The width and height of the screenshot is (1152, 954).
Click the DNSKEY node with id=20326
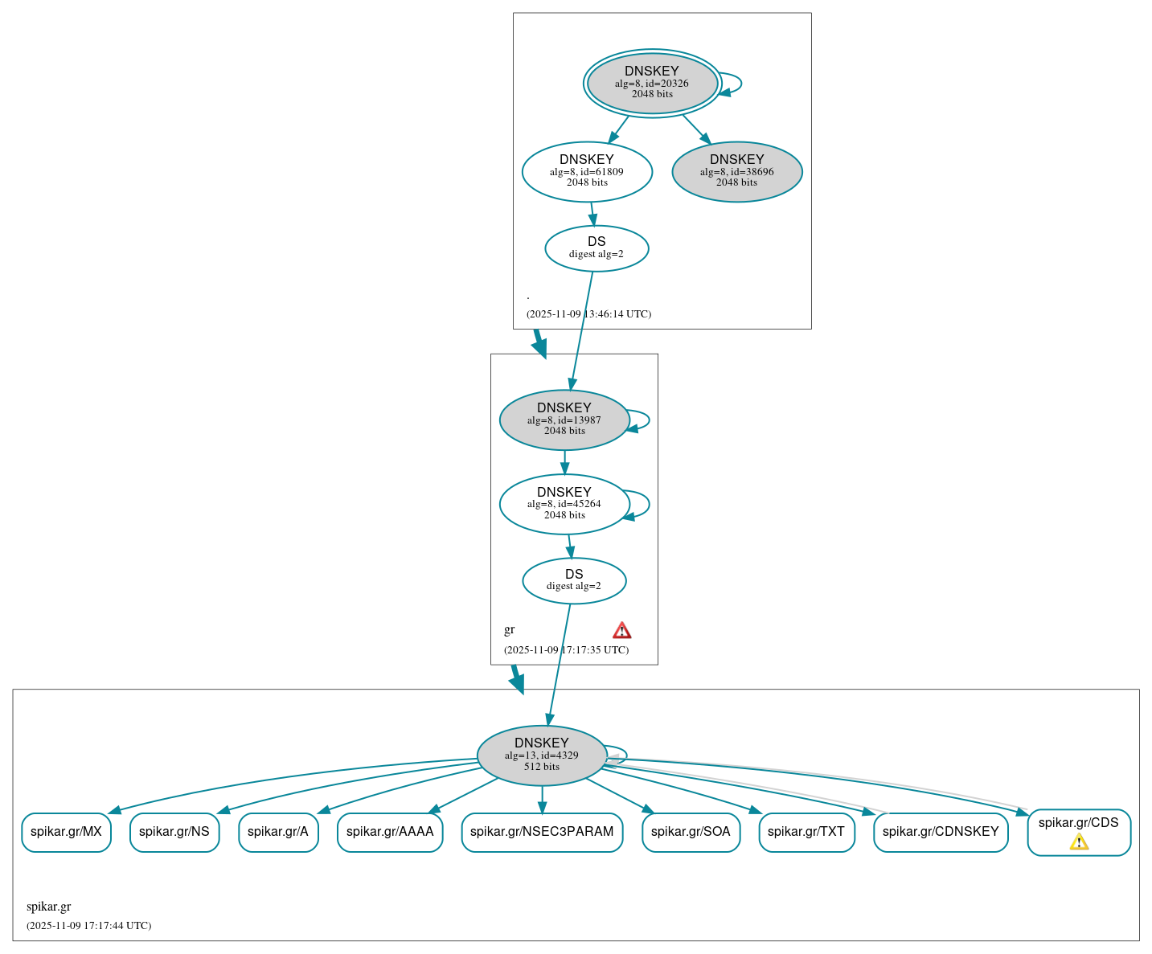652,83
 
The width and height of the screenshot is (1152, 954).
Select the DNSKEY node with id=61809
587,171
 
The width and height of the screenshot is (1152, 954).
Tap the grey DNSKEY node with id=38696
736,171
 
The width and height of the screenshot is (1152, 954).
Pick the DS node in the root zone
596,248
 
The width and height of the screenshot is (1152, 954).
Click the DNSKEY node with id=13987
564,420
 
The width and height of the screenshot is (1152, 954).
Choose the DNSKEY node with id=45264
564,504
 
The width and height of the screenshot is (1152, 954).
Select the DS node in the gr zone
574,580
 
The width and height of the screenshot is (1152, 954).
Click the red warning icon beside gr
621,630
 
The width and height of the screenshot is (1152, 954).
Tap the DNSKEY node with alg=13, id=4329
542,755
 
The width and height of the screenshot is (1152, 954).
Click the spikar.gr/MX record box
66,832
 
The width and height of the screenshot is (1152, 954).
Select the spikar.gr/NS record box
174,832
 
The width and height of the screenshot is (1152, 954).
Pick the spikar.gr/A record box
278,832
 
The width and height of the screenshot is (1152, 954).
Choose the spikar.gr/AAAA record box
390,832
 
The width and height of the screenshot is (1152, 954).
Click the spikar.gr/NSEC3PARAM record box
542,832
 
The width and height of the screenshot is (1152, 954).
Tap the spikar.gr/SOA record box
691,832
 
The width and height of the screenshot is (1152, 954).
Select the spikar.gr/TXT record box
806,832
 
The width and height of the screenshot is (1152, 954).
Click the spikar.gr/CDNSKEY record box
941,832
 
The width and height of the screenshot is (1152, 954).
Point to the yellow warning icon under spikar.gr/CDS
1079,841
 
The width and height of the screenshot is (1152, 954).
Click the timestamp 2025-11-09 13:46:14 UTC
588,314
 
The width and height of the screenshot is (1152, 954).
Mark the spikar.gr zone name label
49,907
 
